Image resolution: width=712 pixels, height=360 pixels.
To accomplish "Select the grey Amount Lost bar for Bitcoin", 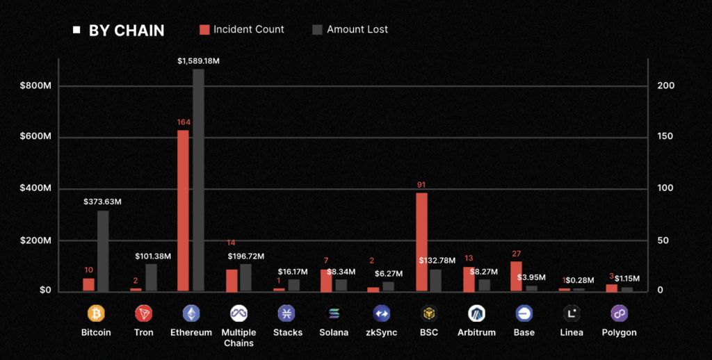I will [103, 250].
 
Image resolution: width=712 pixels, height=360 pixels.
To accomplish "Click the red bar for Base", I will [516, 276].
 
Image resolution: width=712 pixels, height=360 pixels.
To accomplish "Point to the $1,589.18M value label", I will [198, 61].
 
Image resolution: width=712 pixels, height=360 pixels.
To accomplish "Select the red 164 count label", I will [184, 122].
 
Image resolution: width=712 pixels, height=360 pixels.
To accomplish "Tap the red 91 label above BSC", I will [421, 185].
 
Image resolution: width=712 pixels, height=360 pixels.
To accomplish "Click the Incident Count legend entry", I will [241, 30].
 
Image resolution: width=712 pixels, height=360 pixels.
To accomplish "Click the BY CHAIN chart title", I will [126, 31].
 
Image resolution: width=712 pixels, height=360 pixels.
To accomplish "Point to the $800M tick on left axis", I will [35, 85].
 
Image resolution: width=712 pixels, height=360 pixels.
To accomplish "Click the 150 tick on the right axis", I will [666, 137].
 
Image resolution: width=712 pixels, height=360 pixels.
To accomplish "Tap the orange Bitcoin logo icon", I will [96, 313].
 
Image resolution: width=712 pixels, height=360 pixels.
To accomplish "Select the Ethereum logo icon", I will [191, 313].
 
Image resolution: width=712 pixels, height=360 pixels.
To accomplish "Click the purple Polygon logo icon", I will [619, 313].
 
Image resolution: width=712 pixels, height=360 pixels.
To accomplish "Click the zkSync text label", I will [382, 333].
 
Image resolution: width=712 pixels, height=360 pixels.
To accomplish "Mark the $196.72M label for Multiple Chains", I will [248, 256].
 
